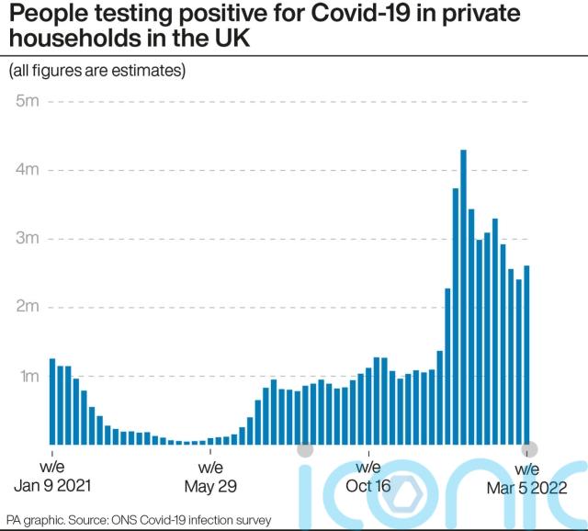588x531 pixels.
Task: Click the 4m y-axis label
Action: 26,170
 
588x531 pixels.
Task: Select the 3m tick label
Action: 26,239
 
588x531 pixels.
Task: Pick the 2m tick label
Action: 26,308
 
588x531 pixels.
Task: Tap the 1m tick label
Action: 26,377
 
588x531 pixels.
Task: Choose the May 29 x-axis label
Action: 211,487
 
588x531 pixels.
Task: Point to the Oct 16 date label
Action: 368,487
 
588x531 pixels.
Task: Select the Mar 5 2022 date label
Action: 526,488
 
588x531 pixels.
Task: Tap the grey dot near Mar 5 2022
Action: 530,449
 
